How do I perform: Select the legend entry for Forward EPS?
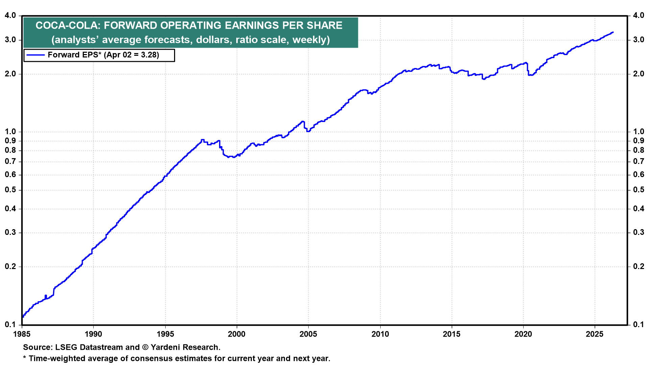point(99,55)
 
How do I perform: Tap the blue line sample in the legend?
point(36,55)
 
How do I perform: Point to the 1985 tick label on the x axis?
point(22,334)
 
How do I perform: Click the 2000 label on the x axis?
point(237,334)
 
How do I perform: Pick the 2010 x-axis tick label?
point(380,334)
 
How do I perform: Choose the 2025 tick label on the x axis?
point(595,334)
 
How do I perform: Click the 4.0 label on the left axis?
point(10,16)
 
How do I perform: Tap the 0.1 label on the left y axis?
point(10,325)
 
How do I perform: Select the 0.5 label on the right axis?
point(639,190)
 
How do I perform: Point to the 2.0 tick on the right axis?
point(639,74)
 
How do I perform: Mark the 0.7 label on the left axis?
point(10,162)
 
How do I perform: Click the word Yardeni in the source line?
point(166,347)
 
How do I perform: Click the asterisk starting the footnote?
point(25,358)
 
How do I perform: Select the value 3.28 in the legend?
point(148,55)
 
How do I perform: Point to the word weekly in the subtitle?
point(311,40)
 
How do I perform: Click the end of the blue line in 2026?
point(613,32)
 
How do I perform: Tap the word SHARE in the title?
point(324,25)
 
